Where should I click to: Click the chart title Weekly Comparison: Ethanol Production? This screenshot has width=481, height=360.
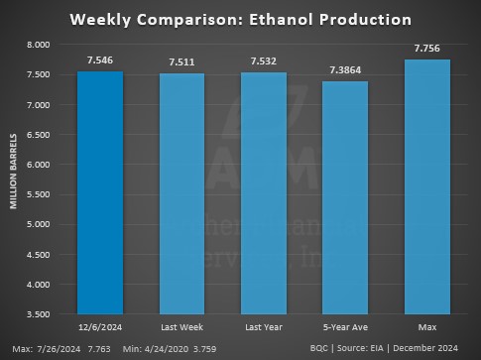[240, 19]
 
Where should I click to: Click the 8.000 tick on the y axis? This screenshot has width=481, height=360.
[38, 45]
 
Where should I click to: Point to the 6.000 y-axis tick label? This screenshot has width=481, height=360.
[38, 165]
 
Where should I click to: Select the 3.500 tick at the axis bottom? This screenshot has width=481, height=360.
[38, 314]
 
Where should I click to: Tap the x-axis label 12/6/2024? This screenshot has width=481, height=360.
[100, 327]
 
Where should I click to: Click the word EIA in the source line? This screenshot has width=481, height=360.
[387, 349]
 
